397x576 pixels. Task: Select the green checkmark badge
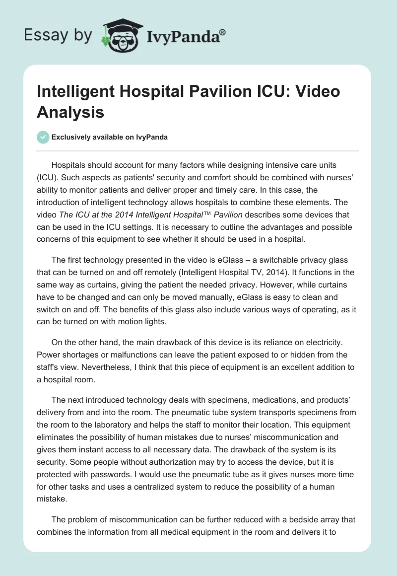[43, 137]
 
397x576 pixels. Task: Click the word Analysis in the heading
[70, 112]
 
